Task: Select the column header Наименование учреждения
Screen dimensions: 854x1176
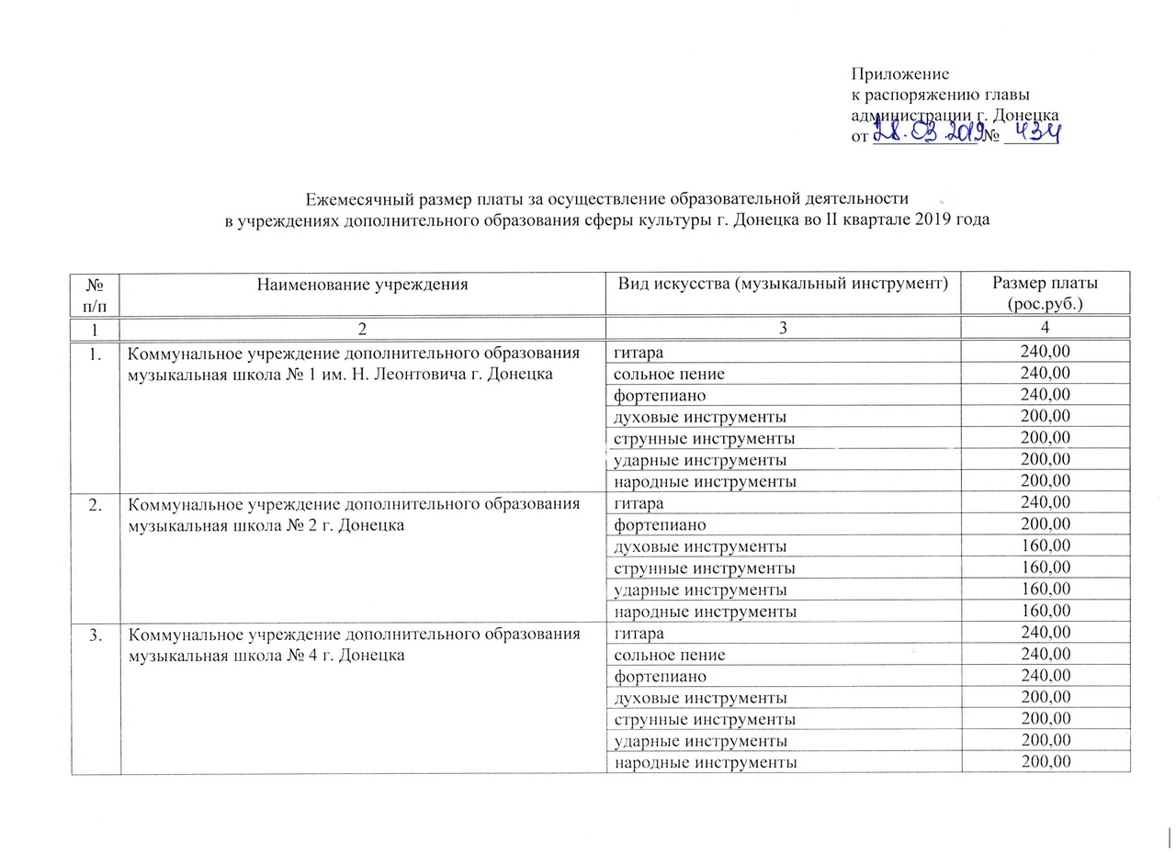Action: click(362, 285)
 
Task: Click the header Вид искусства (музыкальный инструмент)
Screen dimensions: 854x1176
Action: click(784, 284)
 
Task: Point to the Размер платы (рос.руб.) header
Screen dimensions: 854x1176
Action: click(1046, 292)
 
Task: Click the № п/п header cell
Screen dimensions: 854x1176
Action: click(96, 292)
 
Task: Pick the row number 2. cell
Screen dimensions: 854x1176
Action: click(96, 503)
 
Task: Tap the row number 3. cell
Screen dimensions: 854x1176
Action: click(96, 634)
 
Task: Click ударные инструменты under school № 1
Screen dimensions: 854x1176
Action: click(699, 460)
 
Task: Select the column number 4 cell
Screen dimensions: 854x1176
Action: click(1046, 328)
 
